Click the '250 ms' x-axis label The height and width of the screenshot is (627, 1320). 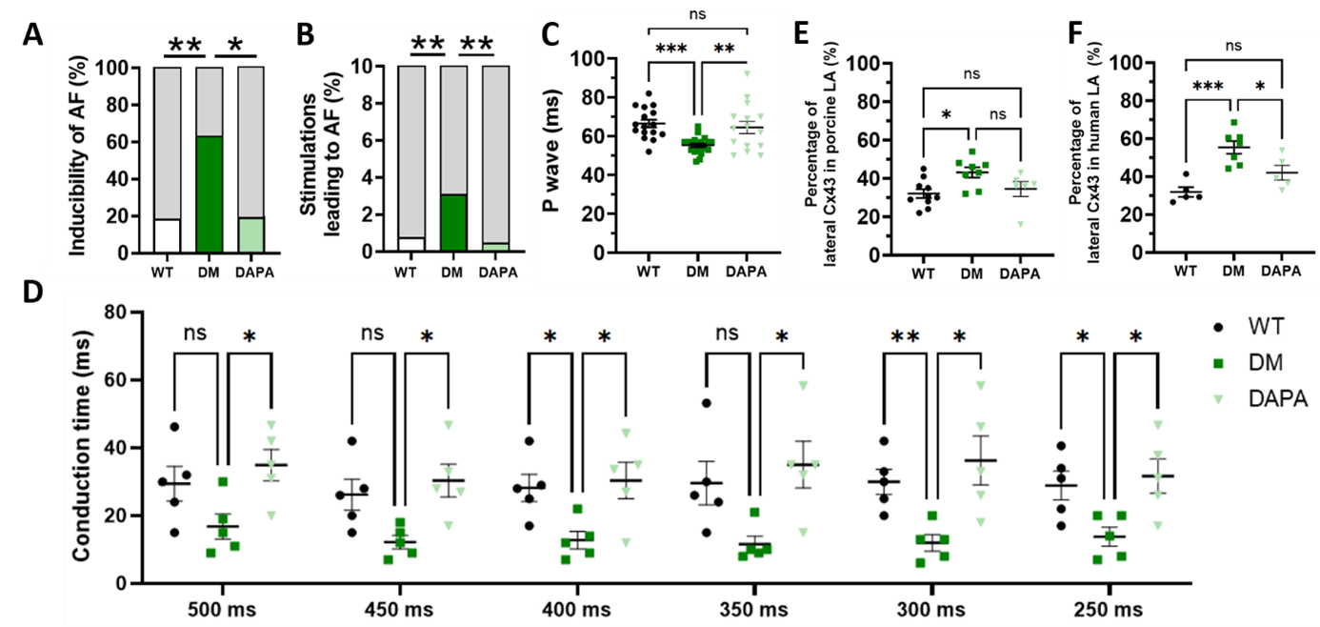tap(1111, 610)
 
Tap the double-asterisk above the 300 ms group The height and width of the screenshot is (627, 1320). tap(904, 335)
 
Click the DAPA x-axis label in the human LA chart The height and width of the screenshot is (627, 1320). tap(1281, 271)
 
